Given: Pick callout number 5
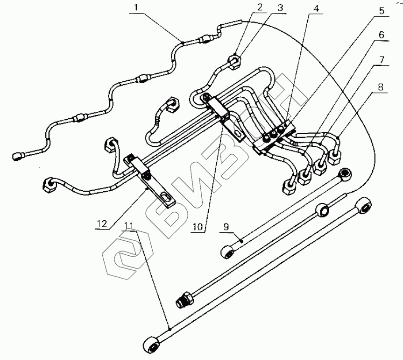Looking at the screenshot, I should point(382,10).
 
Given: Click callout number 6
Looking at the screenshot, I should point(382,35).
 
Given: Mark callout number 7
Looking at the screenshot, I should point(382,60).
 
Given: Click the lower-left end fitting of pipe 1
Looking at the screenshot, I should point(19,155).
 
